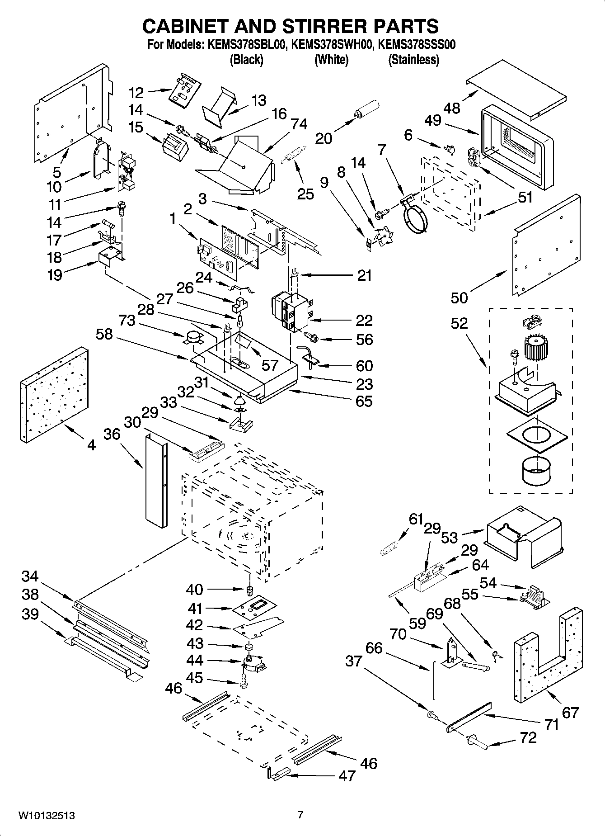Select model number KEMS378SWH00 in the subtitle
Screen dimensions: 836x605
point(332,45)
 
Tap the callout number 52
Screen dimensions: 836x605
point(459,324)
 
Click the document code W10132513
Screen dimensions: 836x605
point(46,816)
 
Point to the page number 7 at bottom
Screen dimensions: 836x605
point(300,815)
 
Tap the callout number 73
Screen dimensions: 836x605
point(127,321)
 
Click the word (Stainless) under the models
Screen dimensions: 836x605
point(413,60)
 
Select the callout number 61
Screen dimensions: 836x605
point(416,520)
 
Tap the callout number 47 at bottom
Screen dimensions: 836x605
point(347,776)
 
